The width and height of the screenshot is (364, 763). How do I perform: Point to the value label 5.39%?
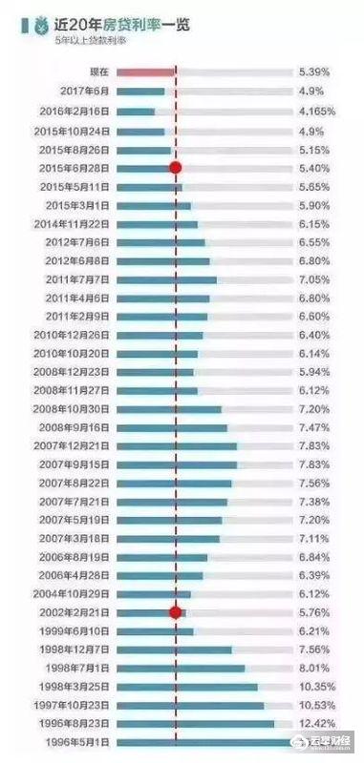click(313, 72)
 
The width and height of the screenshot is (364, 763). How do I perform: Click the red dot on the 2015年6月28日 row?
click(176, 168)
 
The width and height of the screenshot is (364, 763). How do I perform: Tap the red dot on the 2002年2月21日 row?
click(176, 612)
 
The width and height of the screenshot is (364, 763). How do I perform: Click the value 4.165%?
click(316, 111)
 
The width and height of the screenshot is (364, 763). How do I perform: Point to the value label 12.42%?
click(315, 724)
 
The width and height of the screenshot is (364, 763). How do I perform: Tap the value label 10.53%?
click(315, 706)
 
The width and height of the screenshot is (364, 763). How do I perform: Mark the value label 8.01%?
click(313, 668)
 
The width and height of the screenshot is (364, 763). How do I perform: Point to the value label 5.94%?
click(313, 371)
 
